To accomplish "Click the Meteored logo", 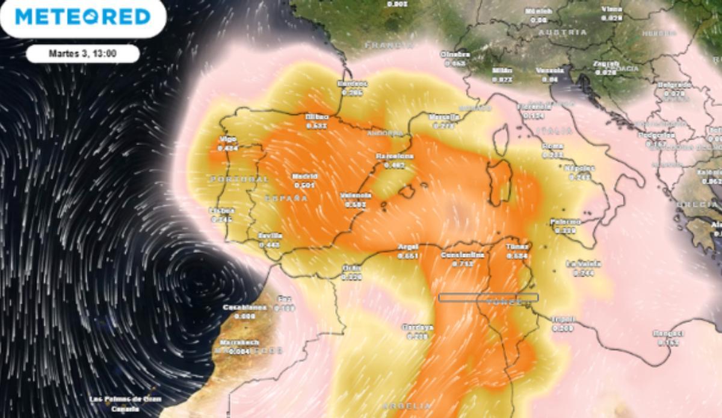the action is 82,16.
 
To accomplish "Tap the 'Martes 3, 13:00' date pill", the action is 83,54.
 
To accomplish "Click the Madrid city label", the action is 304,177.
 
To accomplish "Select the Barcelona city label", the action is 394,156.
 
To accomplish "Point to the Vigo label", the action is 228,140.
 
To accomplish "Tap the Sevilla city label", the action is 270,236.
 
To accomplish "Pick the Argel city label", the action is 408,247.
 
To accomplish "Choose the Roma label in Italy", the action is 552,146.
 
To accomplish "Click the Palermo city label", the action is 565,222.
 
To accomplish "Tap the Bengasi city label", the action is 668,334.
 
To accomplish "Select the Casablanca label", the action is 244,307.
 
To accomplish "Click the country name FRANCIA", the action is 389,45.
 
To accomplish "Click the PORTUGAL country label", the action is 239,179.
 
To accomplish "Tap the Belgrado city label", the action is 674,85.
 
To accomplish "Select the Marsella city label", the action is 444,117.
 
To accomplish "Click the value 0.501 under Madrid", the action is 304,185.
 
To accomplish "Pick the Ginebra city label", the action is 455,54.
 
